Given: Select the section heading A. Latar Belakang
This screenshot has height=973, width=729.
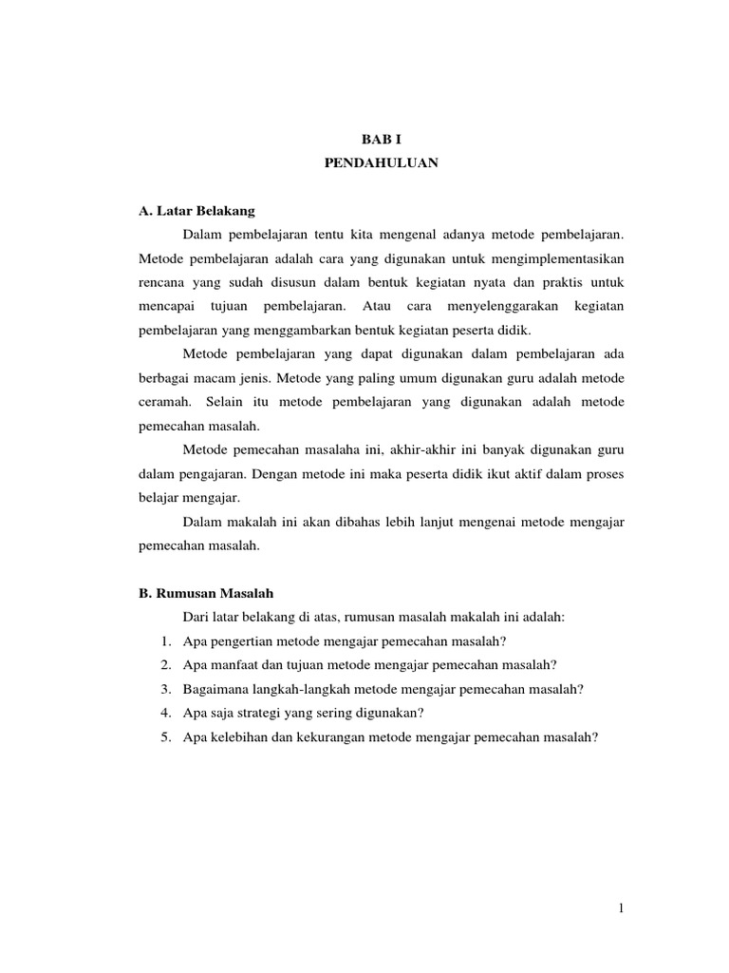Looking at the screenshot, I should (197, 210).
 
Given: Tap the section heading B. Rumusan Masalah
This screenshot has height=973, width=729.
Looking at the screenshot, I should (206, 593).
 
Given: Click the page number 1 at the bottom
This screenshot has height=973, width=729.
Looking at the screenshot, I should (621, 908).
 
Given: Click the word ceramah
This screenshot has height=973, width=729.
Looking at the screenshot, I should (162, 402).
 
